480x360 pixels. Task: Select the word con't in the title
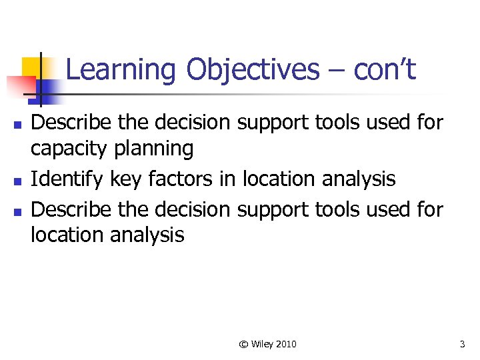pyautogui.click(x=385, y=69)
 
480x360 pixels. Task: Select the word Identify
pyautogui.click(x=65, y=179)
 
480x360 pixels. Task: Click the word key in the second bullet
pyautogui.click(x=122, y=179)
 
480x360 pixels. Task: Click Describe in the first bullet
pyautogui.click(x=71, y=123)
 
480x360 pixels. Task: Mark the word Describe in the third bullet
pyautogui.click(x=71, y=209)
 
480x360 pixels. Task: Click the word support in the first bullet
pyautogui.click(x=271, y=123)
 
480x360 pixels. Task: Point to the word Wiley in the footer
pyautogui.click(x=263, y=344)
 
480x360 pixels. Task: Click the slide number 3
pyautogui.click(x=462, y=344)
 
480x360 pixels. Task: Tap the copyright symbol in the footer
pyautogui.click(x=243, y=344)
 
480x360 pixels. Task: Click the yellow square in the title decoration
pyautogui.click(x=33, y=67)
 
